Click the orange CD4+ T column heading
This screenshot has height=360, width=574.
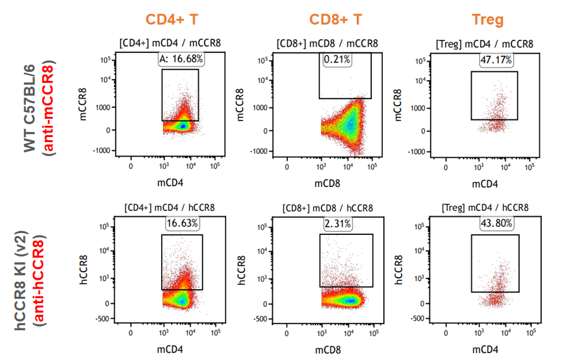point(172,20)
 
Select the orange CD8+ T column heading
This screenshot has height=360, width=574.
point(335,20)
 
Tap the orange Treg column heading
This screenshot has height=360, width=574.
point(487,20)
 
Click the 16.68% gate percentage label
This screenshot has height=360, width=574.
point(181,59)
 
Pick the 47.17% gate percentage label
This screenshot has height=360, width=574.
point(496,60)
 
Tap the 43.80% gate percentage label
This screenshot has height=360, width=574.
point(496,224)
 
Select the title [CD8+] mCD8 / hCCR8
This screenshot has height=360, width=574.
point(328,208)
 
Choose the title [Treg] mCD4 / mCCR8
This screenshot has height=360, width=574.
point(485,44)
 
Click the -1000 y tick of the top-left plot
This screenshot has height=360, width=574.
point(101,152)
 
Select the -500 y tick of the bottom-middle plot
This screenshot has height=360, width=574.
point(261,319)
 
